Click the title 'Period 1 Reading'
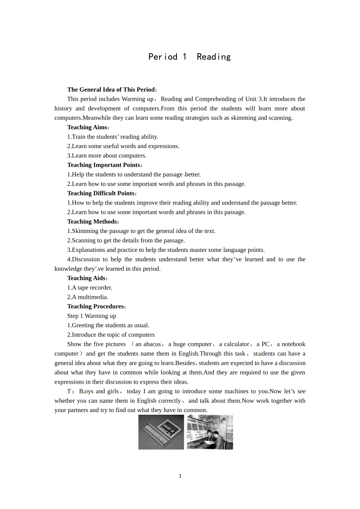click(189, 57)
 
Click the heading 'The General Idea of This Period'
click(111, 90)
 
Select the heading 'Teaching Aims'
click(87, 127)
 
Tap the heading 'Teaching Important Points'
click(103, 165)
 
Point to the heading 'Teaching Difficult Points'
click(101, 194)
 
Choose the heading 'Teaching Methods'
click(92, 222)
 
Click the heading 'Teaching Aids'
click(86, 278)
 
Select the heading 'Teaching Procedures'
click(95, 306)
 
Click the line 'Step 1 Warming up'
click(92, 316)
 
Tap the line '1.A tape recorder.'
click(90, 288)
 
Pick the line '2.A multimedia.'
click(88, 297)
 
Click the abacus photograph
click(161, 432)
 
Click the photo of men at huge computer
click(210, 432)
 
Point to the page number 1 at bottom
click(180, 476)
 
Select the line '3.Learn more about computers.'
click(107, 156)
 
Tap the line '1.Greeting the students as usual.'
click(108, 325)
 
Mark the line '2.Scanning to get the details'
click(126, 240)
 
